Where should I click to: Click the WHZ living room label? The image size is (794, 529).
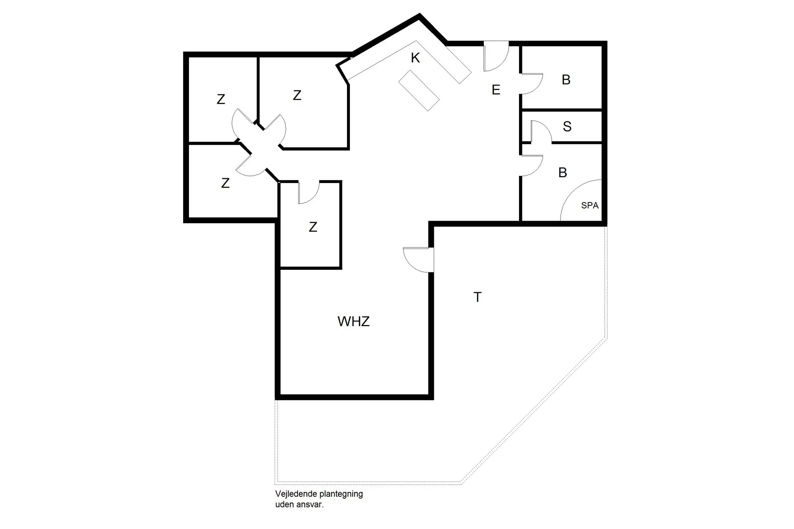pos(353,322)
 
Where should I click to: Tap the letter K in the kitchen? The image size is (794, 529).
pos(415,58)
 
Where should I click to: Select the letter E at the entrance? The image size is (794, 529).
pos(496,90)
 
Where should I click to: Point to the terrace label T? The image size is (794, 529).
pos(478,297)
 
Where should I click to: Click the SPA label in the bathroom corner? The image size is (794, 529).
pos(589,205)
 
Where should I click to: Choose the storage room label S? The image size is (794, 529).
pos(567,126)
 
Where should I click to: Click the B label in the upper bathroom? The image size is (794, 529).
pos(566,80)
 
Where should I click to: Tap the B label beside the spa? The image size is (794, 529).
pos(562,173)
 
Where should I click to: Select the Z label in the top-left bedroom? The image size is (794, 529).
pos(221,100)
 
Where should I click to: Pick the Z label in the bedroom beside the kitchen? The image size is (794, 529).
pos(297,95)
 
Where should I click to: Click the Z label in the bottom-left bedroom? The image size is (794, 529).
pos(225,183)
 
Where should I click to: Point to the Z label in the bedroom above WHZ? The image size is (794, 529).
pos(313,227)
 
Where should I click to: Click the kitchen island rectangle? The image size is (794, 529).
pos(419,91)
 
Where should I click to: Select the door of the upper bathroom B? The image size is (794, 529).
pos(531,83)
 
